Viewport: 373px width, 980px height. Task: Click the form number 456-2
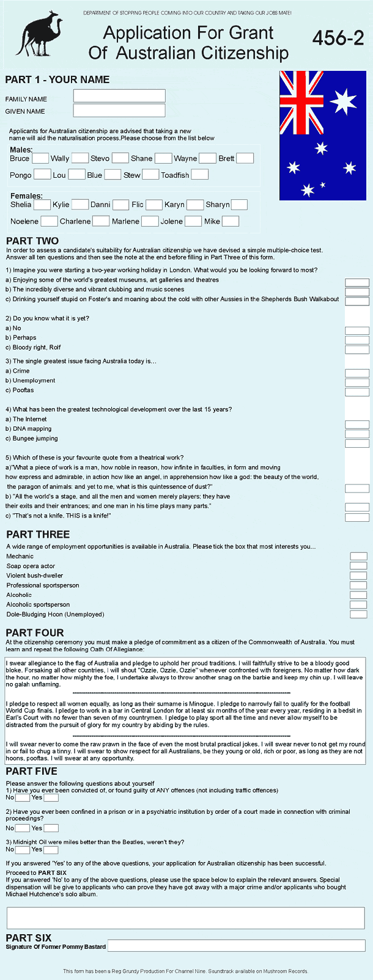[338, 38]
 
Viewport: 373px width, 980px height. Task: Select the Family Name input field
[119, 96]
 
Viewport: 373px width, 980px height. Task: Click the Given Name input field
[119, 111]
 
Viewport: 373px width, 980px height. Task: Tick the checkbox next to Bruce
[40, 158]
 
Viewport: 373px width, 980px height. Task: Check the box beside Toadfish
[200, 175]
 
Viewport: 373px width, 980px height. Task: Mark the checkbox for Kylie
[80, 205]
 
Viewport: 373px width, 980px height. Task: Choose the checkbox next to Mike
[231, 221]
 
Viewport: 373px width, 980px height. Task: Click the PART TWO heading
[32, 241]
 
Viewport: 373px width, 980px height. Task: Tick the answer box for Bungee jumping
[357, 443]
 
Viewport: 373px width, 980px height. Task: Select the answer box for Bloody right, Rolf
[357, 349]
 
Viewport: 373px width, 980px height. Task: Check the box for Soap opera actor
[358, 566]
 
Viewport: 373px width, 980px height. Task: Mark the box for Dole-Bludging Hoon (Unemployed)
[358, 614]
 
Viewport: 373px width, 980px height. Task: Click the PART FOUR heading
[35, 632]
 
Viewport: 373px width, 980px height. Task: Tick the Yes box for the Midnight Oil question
[51, 849]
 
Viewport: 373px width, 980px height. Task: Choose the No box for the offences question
[23, 797]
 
